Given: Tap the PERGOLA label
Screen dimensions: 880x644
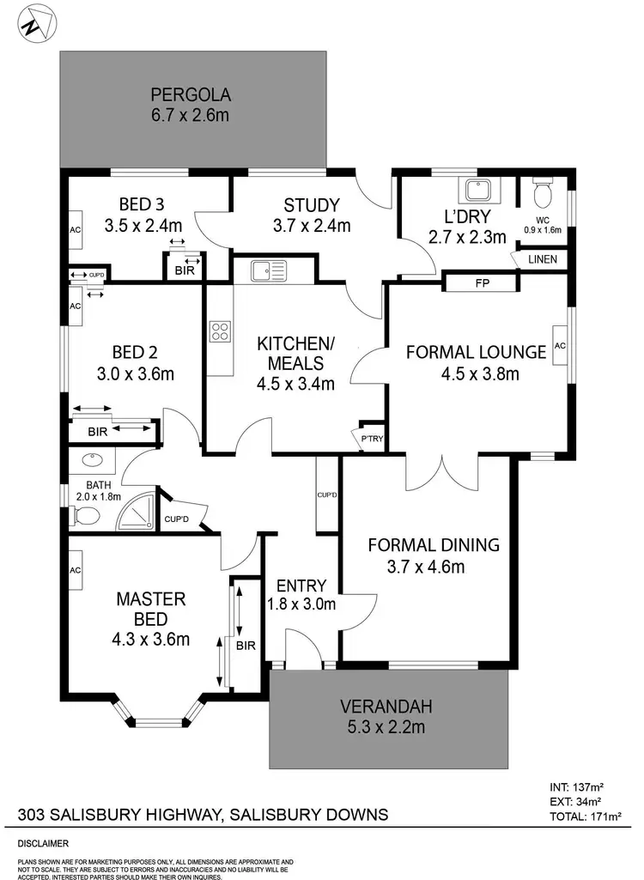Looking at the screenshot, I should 191,94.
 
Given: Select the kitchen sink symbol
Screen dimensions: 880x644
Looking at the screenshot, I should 268,272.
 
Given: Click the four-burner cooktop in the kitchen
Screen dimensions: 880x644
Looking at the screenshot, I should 221,331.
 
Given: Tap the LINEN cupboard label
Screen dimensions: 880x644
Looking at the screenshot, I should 542,258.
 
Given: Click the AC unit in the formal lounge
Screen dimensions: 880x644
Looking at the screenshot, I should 561,345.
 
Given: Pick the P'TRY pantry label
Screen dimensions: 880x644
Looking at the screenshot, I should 372,440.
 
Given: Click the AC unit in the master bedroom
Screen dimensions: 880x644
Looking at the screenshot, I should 75,570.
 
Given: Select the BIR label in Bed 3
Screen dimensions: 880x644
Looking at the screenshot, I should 185,270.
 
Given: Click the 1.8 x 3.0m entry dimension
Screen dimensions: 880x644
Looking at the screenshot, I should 301,604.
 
